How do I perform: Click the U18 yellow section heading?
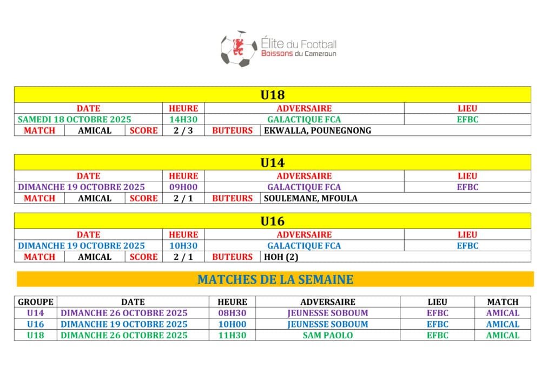click(x=272, y=95)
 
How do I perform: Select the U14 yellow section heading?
click(x=272, y=162)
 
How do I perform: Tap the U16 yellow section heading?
click(x=272, y=221)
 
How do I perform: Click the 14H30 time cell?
click(x=183, y=120)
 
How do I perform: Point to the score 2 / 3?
click(x=183, y=130)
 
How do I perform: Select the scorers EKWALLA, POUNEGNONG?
click(x=317, y=130)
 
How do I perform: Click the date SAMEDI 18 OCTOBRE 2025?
click(x=75, y=120)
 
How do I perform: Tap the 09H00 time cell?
click(x=183, y=187)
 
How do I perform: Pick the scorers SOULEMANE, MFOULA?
click(x=311, y=198)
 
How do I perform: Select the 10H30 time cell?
click(x=183, y=246)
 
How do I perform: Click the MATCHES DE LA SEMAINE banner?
click(x=275, y=279)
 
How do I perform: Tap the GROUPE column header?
click(x=36, y=302)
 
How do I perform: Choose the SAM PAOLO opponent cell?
click(x=328, y=335)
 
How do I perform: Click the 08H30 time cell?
click(x=232, y=313)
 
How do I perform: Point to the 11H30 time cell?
click(x=232, y=335)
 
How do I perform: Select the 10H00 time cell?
click(x=232, y=324)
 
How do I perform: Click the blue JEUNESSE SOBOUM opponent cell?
click(x=328, y=324)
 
